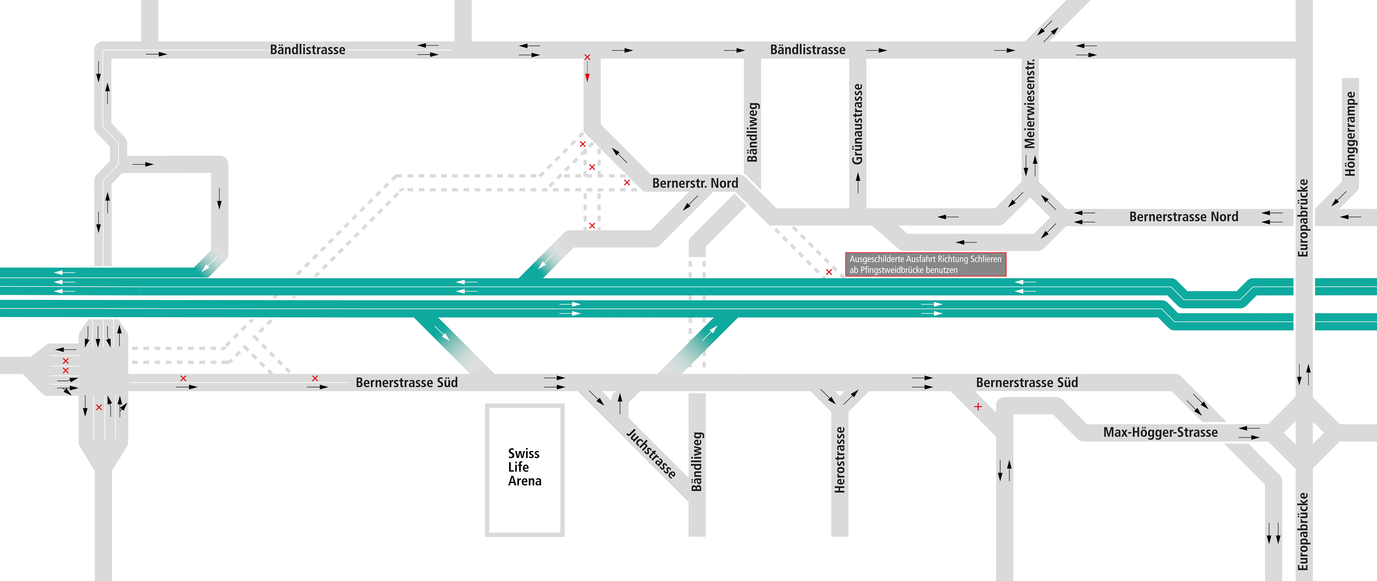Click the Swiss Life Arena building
click(524, 470)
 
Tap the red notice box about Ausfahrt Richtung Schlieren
click(925, 264)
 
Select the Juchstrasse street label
click(651, 453)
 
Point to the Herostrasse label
click(840, 460)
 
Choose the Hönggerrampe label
click(1350, 134)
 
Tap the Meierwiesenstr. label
click(1030, 104)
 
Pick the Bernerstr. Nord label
click(695, 183)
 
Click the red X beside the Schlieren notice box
click(829, 272)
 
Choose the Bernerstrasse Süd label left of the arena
click(407, 383)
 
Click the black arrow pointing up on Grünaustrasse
click(858, 183)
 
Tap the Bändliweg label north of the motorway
click(753, 132)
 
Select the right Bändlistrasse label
click(808, 50)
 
